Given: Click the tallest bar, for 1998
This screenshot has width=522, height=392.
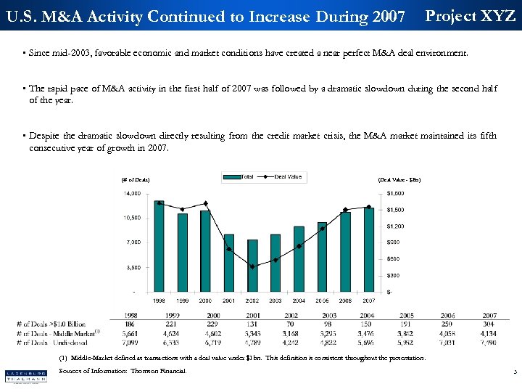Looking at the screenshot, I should click(159, 246).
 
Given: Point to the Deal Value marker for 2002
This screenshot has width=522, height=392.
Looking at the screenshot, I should click(252, 266).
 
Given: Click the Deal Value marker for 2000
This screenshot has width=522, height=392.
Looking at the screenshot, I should click(206, 203).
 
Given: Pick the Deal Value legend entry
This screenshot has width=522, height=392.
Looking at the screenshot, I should click(283, 176).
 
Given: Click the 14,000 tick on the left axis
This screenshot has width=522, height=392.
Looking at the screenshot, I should click(131, 193).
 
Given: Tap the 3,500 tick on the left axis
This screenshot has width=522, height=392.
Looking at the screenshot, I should click(133, 267).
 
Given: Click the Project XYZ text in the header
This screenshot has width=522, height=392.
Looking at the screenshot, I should click(470, 16).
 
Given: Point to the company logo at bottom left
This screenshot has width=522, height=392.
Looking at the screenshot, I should click(26, 376).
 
